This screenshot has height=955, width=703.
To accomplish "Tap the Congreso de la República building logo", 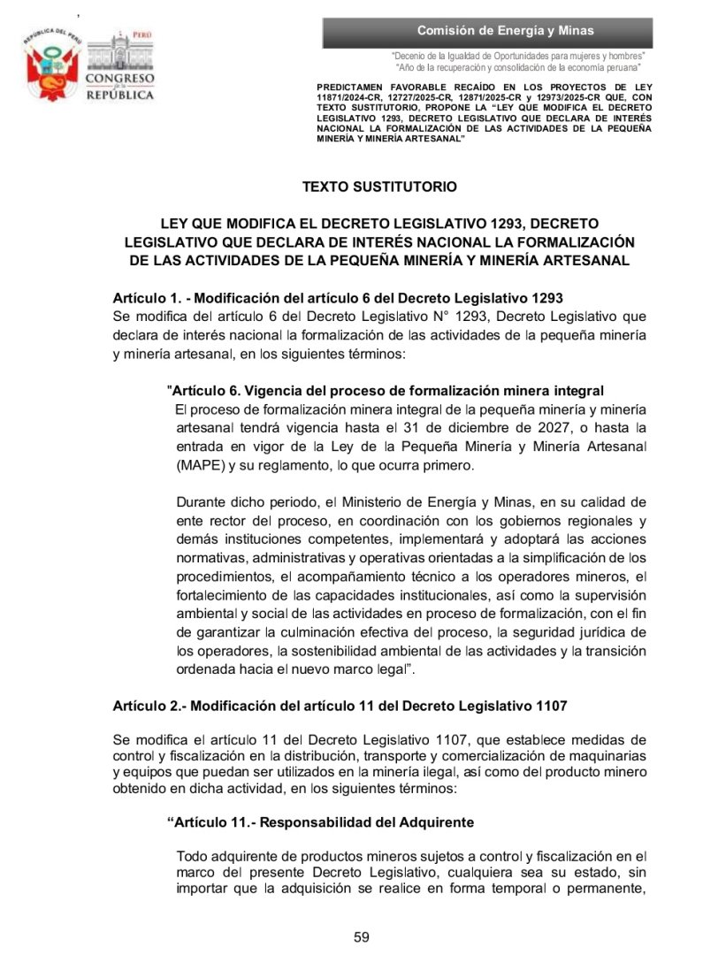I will tap(118, 66).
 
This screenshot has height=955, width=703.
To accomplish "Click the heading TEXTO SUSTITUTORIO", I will tap(379, 187).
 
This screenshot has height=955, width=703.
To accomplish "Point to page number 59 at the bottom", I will tap(361, 937).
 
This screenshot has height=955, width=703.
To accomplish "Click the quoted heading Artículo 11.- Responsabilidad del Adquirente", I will tap(320, 822).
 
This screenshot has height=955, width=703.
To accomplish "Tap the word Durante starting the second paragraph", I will tap(201, 501).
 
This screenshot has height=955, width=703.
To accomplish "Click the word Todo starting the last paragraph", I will tap(191, 855).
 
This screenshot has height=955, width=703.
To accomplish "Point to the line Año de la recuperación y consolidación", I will tap(519, 67).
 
